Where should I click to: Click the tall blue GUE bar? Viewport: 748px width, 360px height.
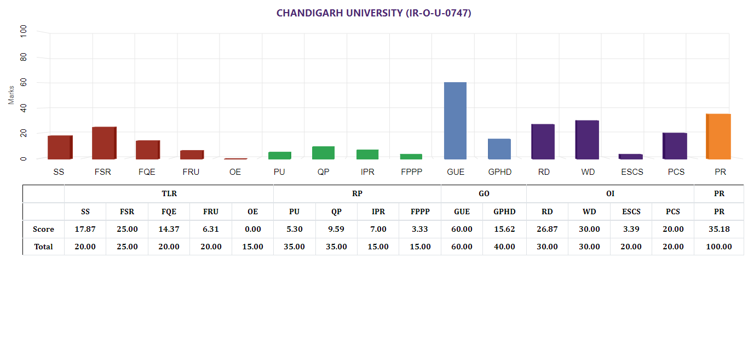point(455,121)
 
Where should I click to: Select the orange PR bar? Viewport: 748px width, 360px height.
point(718,136)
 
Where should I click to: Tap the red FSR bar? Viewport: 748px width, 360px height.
point(103,143)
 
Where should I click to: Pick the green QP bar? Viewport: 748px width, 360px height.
point(323,153)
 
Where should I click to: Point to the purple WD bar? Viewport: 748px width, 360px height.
point(586,140)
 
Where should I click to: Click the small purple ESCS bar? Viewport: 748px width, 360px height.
point(630,157)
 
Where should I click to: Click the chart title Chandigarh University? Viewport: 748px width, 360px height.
point(373,13)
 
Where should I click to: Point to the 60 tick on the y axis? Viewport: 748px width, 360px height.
point(24,83)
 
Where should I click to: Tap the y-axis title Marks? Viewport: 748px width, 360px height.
point(11,95)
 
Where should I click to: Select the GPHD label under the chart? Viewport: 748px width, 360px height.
point(499,172)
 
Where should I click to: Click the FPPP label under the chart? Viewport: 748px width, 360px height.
point(411,172)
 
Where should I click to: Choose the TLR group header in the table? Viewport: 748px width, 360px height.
point(169,193)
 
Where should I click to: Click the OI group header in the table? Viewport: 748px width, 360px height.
point(610,193)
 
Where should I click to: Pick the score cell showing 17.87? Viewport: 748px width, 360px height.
point(85,229)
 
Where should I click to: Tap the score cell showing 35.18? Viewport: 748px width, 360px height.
point(718,229)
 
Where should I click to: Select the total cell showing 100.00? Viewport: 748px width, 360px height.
point(718,247)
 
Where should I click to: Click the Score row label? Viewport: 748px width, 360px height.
point(43,229)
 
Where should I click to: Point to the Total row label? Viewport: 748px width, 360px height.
point(43,247)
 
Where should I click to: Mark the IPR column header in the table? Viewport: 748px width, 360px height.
point(378,212)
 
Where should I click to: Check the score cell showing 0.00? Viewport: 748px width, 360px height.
point(252,229)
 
